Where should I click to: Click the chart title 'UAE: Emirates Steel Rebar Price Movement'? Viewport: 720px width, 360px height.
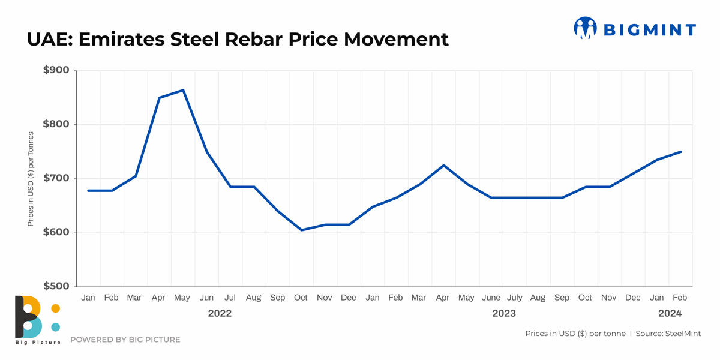tap(238, 39)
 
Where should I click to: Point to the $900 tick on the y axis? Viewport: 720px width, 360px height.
tap(56, 71)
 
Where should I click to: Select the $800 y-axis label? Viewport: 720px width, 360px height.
tap(56, 125)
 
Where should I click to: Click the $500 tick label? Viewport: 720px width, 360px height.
tap(56, 286)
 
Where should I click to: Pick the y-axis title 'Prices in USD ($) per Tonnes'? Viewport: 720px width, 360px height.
tap(31, 179)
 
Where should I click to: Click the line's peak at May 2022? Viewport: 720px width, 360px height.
tap(183, 90)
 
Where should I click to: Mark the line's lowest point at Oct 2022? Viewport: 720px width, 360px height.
tap(301, 230)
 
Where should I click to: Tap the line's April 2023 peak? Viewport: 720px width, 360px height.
tap(443, 165)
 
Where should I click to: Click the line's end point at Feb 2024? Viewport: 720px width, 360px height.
tap(681, 152)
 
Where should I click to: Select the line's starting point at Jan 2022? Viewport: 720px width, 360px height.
tap(88, 191)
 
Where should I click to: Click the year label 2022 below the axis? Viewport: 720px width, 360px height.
tap(220, 313)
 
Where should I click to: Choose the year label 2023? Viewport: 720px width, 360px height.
tap(503, 313)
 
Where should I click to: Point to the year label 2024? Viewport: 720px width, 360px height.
tap(670, 313)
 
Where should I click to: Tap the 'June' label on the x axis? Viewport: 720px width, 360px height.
tap(491, 298)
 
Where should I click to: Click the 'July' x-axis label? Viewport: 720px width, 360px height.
tap(514, 298)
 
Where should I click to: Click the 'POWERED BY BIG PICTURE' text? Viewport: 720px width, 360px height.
tap(125, 340)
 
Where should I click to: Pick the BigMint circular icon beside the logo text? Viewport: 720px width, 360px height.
tap(584, 28)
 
